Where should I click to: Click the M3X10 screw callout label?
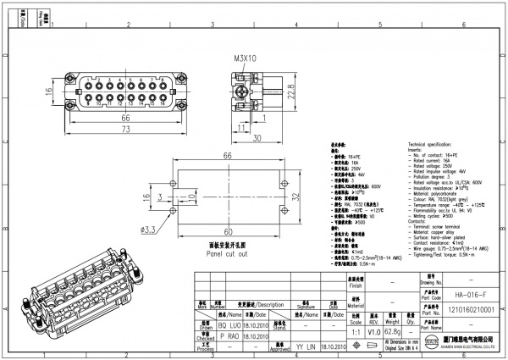click(246, 59)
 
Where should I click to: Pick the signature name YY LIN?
click(305, 347)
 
